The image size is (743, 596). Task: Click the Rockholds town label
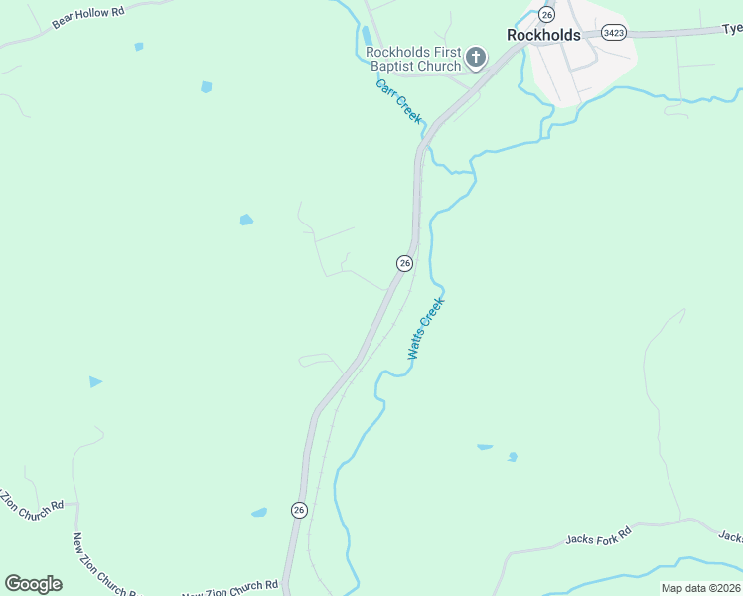(x=543, y=35)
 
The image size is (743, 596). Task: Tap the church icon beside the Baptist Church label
(x=476, y=58)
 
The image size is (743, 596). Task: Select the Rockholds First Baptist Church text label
(x=413, y=59)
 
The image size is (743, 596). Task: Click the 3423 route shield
(x=614, y=33)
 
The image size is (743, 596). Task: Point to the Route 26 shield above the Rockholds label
(x=546, y=14)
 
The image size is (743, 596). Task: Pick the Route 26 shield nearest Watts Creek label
(x=404, y=263)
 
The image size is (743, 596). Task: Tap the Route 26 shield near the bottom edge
(x=299, y=510)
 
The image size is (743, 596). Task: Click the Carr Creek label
(x=399, y=102)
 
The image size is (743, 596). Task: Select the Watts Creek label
(x=425, y=329)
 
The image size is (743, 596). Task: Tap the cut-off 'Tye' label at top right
(x=732, y=29)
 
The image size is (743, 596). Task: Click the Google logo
(x=33, y=584)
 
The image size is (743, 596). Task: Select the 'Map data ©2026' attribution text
(x=700, y=588)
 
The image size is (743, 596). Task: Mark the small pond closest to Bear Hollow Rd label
(x=139, y=47)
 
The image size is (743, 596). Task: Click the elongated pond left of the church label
(x=368, y=37)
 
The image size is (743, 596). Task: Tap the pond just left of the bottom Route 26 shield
(x=259, y=513)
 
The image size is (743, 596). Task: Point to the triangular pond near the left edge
(x=95, y=381)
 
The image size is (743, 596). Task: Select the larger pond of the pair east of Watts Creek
(x=485, y=447)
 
